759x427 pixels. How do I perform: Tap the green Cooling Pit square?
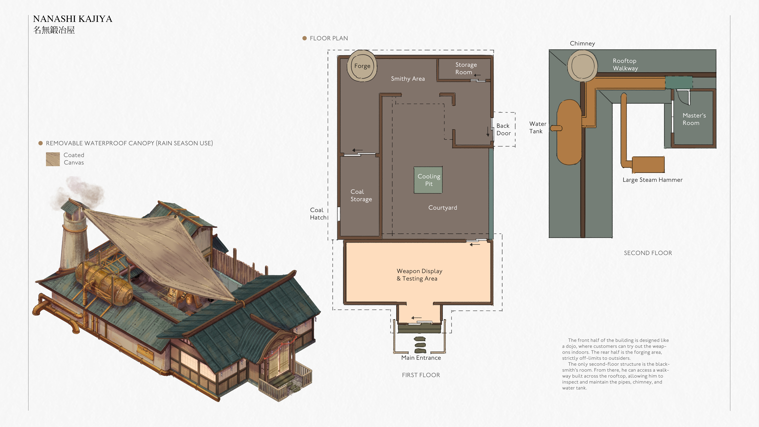click(428, 180)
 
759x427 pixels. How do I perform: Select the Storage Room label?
click(466, 68)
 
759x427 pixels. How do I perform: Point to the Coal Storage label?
click(361, 195)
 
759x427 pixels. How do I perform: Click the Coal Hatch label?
click(318, 214)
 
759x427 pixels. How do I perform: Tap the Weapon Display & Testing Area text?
click(419, 275)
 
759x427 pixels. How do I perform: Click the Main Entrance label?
click(421, 358)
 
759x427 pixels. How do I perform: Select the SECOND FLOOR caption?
click(648, 253)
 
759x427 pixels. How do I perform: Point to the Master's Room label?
click(694, 119)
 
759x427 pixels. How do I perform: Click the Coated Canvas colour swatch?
click(53, 159)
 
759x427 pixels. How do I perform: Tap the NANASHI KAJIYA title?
click(72, 19)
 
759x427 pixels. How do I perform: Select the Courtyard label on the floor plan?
click(443, 208)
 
